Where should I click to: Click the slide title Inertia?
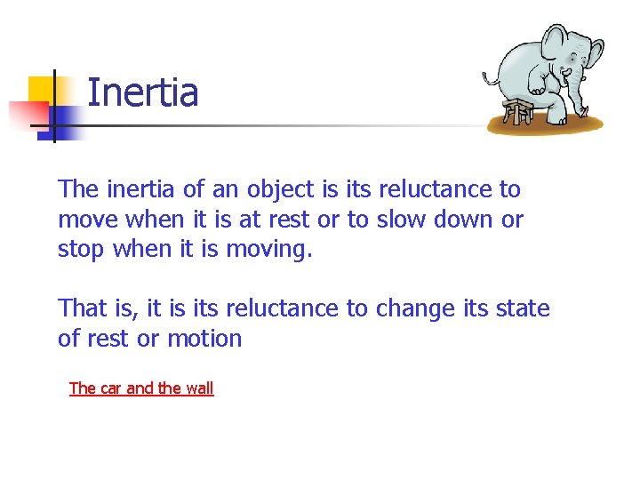pos(143,92)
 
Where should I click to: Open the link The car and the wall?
pos(141,388)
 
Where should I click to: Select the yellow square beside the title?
pos(42,90)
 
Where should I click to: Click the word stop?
pos(82,250)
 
